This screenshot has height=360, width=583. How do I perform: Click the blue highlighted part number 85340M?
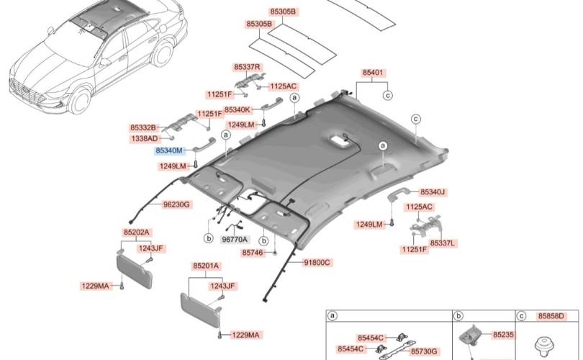click(x=169, y=150)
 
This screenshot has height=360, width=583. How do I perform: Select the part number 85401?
click(x=372, y=73)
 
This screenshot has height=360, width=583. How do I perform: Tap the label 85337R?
click(x=248, y=67)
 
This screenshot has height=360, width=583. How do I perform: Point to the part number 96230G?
click(x=176, y=204)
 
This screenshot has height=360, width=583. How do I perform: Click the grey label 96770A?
click(x=235, y=240)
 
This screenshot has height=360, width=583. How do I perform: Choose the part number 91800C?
click(x=317, y=263)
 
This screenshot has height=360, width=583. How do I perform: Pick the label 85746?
click(x=253, y=253)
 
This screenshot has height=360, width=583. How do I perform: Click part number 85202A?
click(x=136, y=233)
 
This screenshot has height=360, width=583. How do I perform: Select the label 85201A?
click(x=206, y=266)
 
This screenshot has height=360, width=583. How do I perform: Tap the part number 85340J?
click(x=433, y=192)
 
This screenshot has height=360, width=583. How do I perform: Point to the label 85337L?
click(x=443, y=243)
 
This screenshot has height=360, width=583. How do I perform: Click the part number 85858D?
click(x=551, y=316)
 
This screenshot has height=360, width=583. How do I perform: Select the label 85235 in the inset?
click(x=503, y=335)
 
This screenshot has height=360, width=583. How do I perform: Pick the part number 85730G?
click(x=424, y=351)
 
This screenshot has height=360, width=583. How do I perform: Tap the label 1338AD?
click(x=145, y=139)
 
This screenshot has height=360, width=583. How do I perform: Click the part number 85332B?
click(x=143, y=127)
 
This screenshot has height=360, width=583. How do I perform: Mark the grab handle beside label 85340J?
click(x=398, y=194)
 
